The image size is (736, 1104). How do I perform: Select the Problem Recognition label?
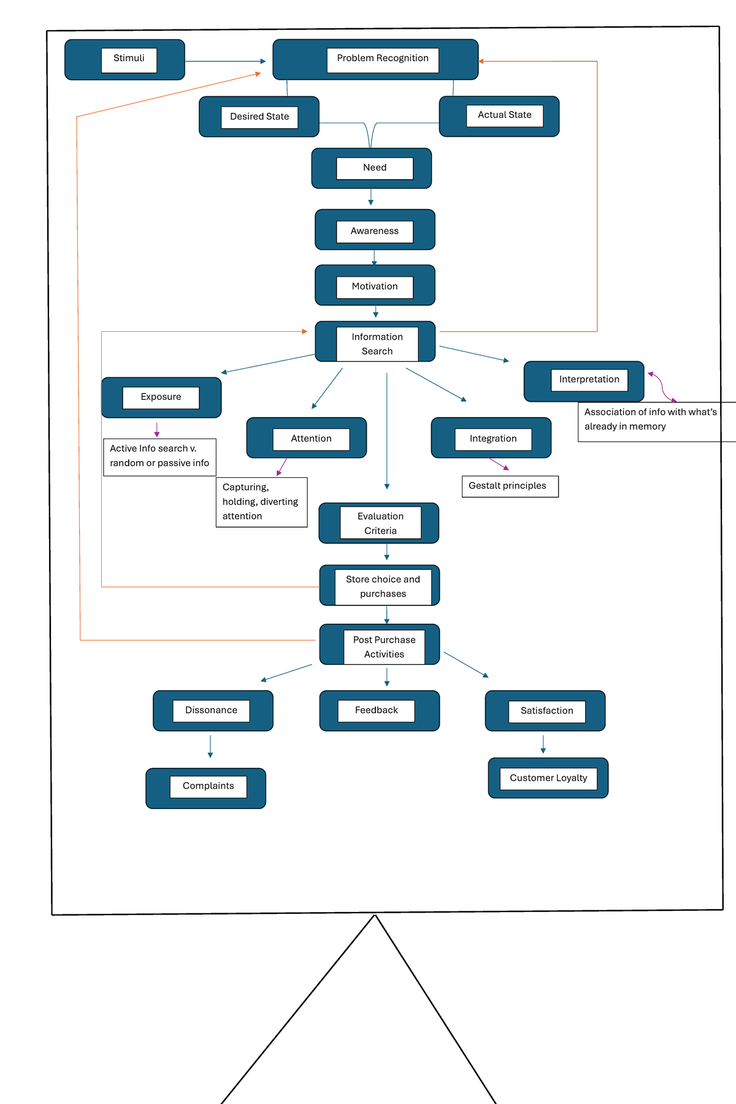[382, 59]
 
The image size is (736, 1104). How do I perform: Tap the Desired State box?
[259, 117]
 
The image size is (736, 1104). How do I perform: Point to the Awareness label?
[374, 231]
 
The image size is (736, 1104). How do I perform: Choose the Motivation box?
[375, 285]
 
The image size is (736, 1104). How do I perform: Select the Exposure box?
[161, 397]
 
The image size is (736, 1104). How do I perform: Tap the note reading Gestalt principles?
[510, 486]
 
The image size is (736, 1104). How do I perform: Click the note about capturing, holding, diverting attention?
[261, 502]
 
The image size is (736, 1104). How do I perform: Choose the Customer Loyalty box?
[548, 778]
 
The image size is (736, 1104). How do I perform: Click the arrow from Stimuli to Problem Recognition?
[225, 61]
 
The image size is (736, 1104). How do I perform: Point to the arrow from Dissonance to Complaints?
[210, 746]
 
